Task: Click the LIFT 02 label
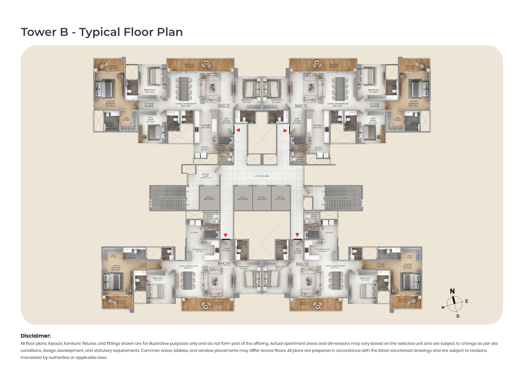(x=262, y=198)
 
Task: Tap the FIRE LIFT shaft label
(x=209, y=198)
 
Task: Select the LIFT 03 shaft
(x=280, y=198)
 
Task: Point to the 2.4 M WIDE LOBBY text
(x=262, y=176)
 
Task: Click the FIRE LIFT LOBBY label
(x=206, y=176)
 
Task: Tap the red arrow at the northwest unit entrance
(x=238, y=130)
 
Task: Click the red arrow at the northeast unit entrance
(x=285, y=131)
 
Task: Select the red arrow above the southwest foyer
(x=225, y=235)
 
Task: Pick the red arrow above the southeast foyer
(x=297, y=235)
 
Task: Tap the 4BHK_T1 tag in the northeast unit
(x=301, y=106)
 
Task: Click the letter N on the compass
(x=452, y=291)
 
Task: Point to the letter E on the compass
(x=467, y=301)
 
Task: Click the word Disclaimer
(x=35, y=336)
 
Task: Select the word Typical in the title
(x=99, y=32)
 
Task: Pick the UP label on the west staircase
(x=188, y=192)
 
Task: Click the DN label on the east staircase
(x=323, y=205)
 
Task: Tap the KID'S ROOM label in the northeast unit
(x=373, y=120)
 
